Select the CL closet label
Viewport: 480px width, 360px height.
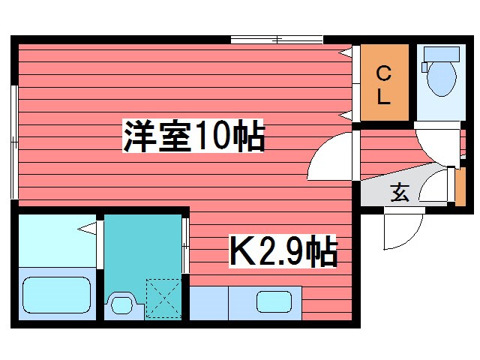(383, 85)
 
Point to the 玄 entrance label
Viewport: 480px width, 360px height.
(400, 193)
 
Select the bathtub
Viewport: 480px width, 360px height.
(56, 293)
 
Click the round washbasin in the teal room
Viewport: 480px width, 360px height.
(120, 304)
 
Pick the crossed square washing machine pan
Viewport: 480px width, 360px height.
(164, 297)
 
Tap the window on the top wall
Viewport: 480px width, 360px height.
(277, 39)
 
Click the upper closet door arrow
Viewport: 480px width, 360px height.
(346, 52)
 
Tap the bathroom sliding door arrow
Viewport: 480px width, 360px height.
(89, 228)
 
